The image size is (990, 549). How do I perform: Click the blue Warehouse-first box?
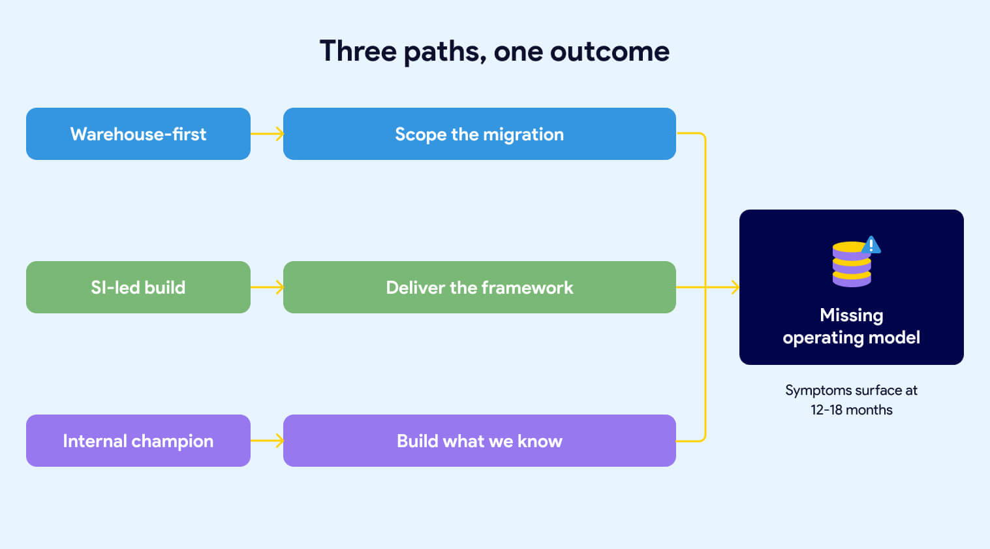point(138,134)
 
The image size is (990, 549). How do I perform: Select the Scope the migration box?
point(479,134)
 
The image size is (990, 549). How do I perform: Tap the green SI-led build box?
point(138,287)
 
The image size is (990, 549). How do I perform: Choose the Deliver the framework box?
point(479,287)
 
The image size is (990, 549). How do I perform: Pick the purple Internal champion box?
point(138,441)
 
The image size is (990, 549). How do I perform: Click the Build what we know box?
point(479,441)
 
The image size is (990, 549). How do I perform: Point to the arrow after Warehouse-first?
point(267,134)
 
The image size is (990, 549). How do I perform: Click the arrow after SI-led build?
point(267,287)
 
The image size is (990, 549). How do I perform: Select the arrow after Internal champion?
point(267,441)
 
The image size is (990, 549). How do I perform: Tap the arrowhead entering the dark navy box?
point(734,287)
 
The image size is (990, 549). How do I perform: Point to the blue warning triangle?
point(871,245)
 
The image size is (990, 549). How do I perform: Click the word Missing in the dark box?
point(851,315)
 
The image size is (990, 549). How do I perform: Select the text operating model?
point(851,337)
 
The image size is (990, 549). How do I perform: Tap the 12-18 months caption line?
point(851,410)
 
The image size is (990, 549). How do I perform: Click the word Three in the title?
point(358,51)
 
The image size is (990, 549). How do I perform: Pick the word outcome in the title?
point(610,51)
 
